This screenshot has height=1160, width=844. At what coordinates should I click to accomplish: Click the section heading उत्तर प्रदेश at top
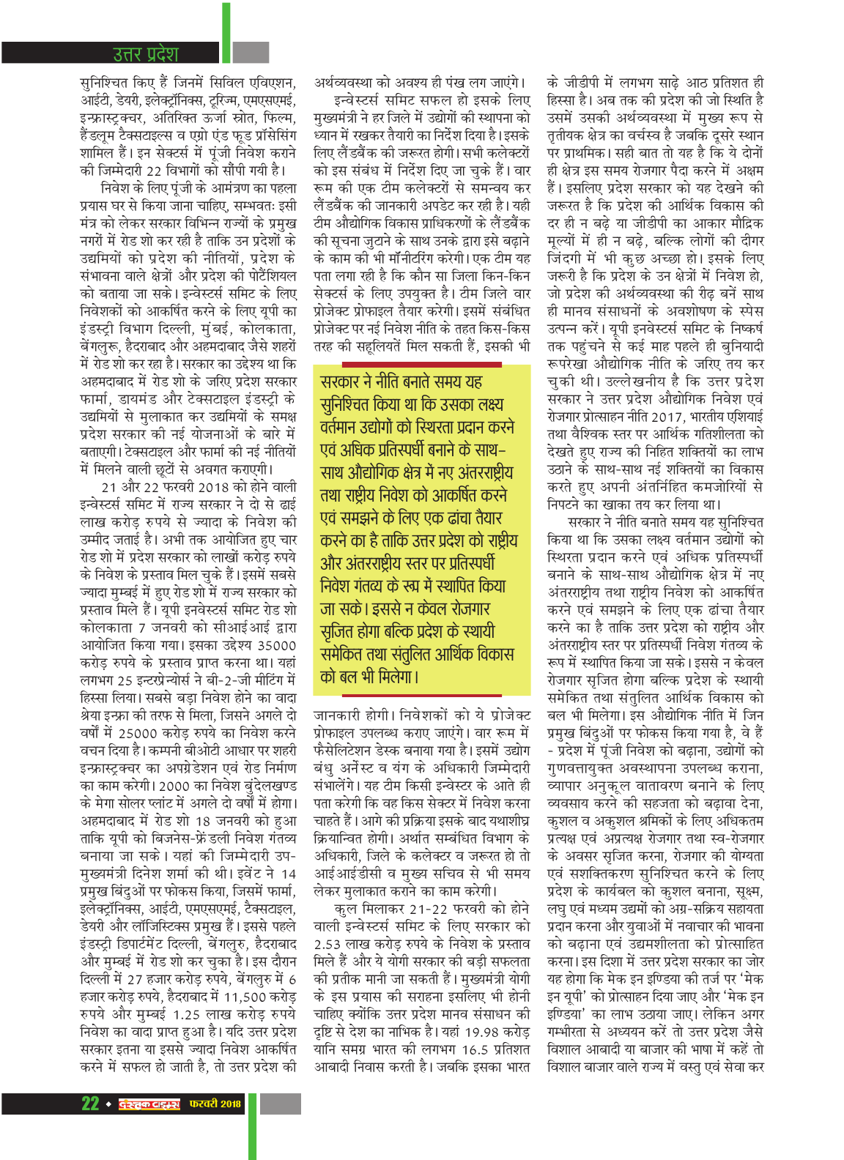tap(145, 53)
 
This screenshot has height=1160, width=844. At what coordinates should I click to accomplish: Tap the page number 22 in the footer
tap(90, 1104)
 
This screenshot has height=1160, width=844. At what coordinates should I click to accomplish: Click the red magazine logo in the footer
tap(149, 1104)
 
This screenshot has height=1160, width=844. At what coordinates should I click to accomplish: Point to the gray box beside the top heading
tap(251, 52)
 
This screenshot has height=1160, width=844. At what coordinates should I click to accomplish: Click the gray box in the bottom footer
tap(281, 1104)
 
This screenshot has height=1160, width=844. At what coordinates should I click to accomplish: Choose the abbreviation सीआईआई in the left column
tap(225, 628)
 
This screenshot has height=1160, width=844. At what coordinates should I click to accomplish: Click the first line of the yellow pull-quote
tap(401, 382)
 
